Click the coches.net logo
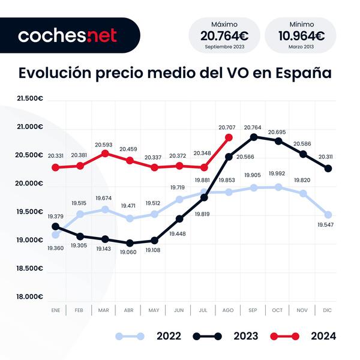[67, 35]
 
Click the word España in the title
[304, 73]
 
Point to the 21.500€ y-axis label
[28, 98]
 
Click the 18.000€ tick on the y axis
[28, 296]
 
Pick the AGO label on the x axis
[228, 310]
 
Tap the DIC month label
[328, 310]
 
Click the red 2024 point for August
[228, 137]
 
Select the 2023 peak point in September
[253, 137]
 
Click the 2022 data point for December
[328, 214]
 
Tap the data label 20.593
[104, 145]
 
